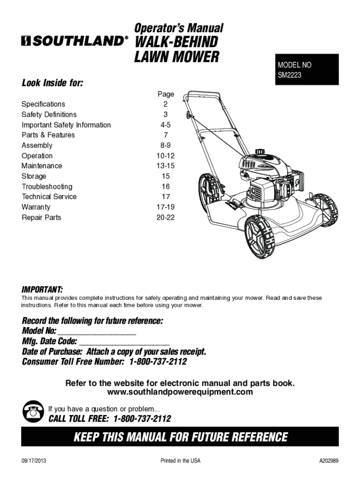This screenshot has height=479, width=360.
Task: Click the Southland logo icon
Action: click(26, 42)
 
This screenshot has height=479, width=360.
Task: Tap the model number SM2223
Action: click(289, 75)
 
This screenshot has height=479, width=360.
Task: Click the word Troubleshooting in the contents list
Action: click(47, 187)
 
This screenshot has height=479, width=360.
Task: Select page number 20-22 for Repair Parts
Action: click(166, 218)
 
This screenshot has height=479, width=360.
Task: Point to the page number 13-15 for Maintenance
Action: click(166, 166)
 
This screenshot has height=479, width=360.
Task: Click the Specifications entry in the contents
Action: click(43, 104)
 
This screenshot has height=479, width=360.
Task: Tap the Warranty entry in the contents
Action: click(36, 207)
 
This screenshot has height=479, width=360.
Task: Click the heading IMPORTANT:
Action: click(43, 289)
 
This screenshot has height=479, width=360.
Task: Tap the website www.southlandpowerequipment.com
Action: click(180, 392)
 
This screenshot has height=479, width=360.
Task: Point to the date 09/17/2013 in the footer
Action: click(34, 461)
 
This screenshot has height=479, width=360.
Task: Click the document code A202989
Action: click(329, 461)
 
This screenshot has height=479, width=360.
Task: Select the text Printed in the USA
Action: click(180, 461)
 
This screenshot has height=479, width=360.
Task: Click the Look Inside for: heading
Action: click(52, 84)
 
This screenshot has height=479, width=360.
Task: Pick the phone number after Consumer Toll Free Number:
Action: click(158, 363)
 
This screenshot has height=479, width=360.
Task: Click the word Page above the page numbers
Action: click(166, 94)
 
